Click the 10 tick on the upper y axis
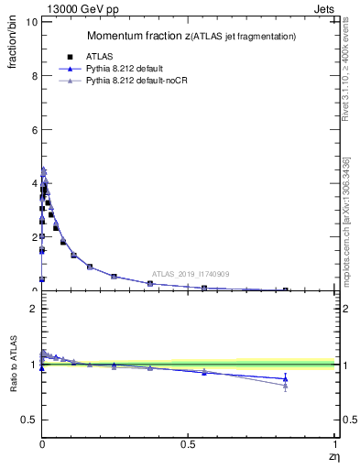pyautogui.click(x=29, y=22)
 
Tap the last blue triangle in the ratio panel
pyautogui.click(x=285, y=378)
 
